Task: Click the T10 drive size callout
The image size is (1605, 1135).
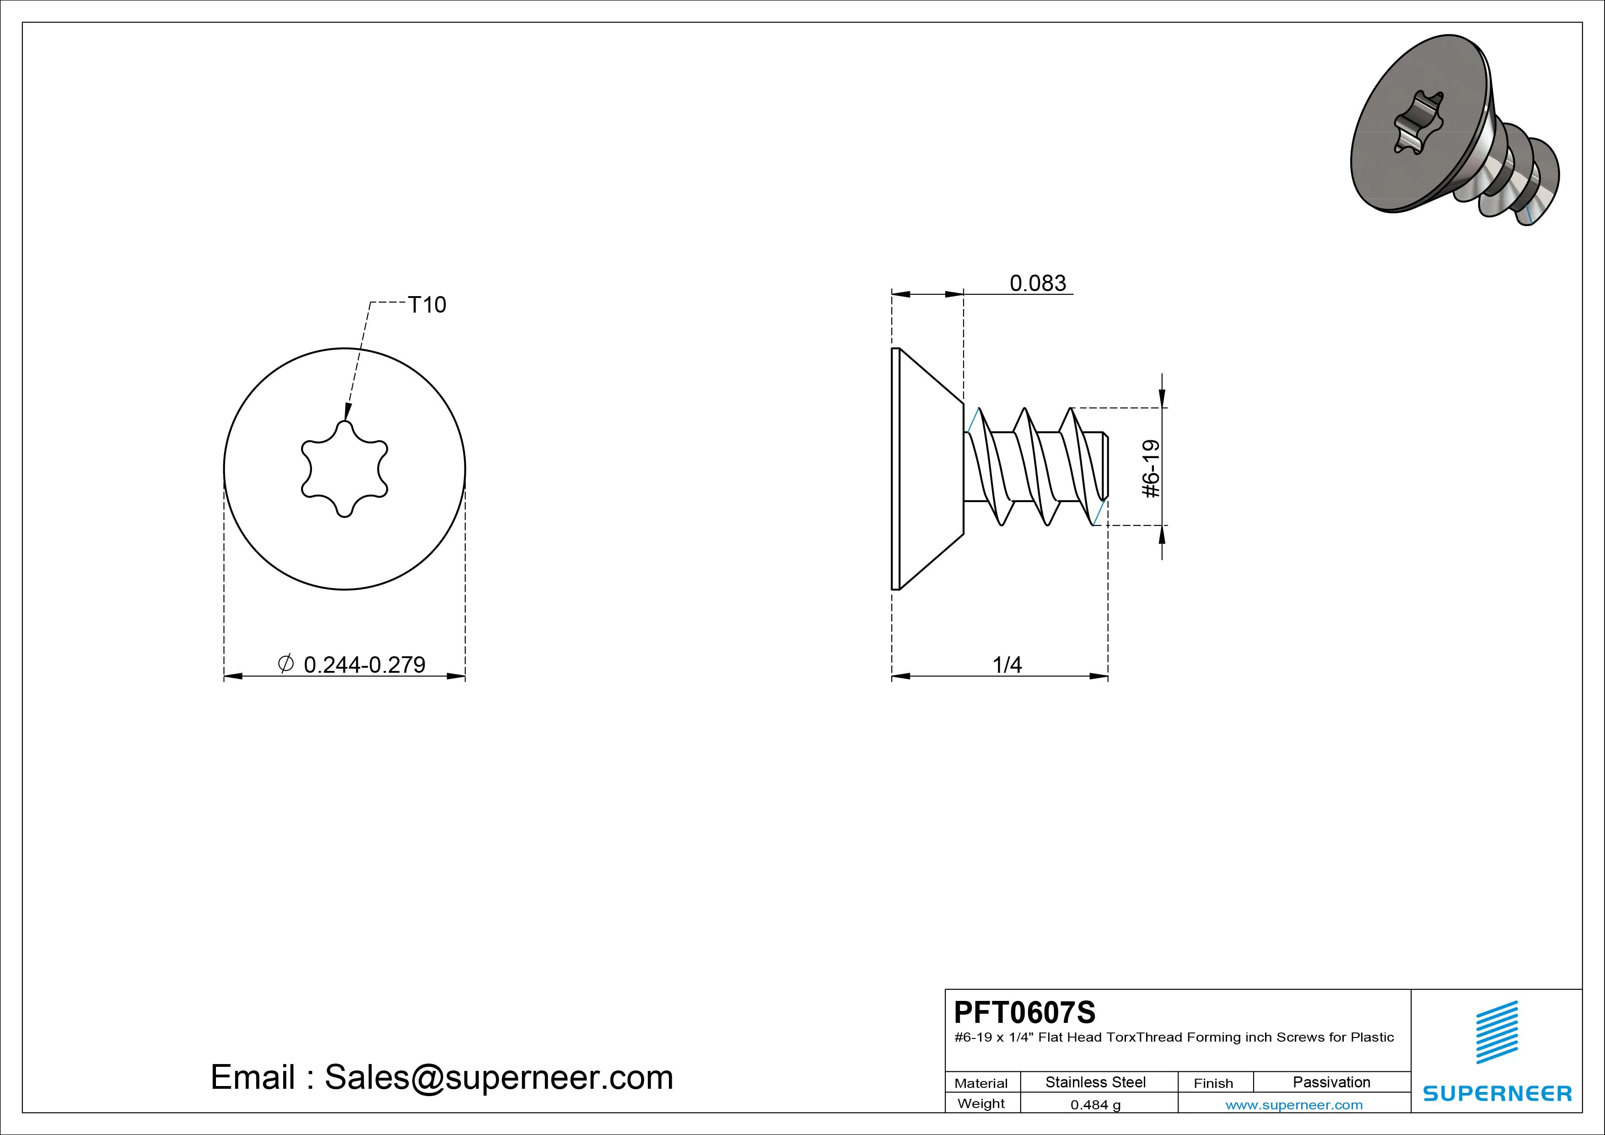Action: [x=426, y=305]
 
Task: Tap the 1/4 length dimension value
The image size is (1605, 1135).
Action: [x=1007, y=665]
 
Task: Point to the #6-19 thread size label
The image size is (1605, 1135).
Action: [x=1151, y=469]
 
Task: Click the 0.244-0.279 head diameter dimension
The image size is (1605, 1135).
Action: [x=364, y=665]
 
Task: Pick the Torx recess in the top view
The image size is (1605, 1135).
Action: [x=345, y=469]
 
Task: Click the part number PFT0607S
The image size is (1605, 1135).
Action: [x=1025, y=1012]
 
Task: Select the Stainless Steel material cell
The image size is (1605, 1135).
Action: [x=1095, y=1082]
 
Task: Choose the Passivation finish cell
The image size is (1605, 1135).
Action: [x=1332, y=1082]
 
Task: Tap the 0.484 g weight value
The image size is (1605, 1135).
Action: [x=1095, y=1105]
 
